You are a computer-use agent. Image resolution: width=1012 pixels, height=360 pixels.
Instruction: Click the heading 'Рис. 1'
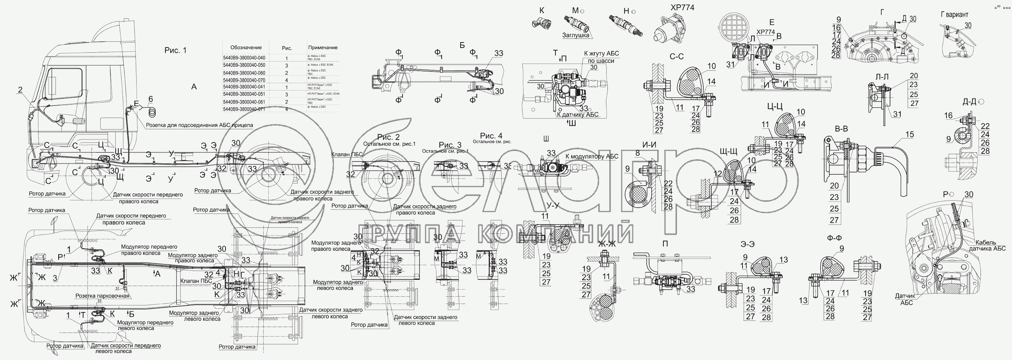coord(175,50)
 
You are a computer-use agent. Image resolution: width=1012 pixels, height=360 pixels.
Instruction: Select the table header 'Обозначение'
coord(246,48)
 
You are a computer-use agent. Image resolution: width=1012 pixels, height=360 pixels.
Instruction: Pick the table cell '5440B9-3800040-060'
coord(244,73)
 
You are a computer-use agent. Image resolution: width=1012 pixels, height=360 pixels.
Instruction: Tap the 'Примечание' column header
coord(323,48)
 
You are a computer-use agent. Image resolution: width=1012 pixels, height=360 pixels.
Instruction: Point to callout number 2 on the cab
coord(20,90)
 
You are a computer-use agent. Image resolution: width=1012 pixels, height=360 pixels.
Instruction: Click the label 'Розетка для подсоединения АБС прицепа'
coord(199,125)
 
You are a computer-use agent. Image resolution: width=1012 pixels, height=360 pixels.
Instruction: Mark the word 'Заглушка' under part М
coord(576,35)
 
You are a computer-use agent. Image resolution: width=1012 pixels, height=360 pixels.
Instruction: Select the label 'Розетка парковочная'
coord(103,296)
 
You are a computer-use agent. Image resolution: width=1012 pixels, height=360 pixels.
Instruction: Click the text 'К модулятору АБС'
coord(592,156)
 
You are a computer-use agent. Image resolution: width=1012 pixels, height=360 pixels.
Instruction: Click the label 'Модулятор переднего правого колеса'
coord(149,250)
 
